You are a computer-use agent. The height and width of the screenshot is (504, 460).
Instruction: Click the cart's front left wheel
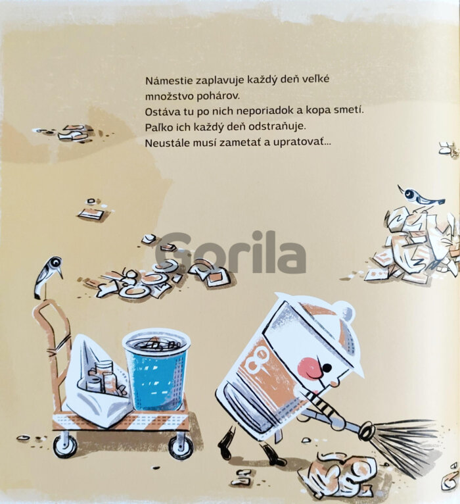click(x=65, y=446)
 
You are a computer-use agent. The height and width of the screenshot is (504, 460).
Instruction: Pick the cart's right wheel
click(x=181, y=446)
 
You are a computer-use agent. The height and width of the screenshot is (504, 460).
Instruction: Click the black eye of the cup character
click(x=327, y=367)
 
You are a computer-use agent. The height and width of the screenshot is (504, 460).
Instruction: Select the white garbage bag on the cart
click(x=97, y=380)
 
